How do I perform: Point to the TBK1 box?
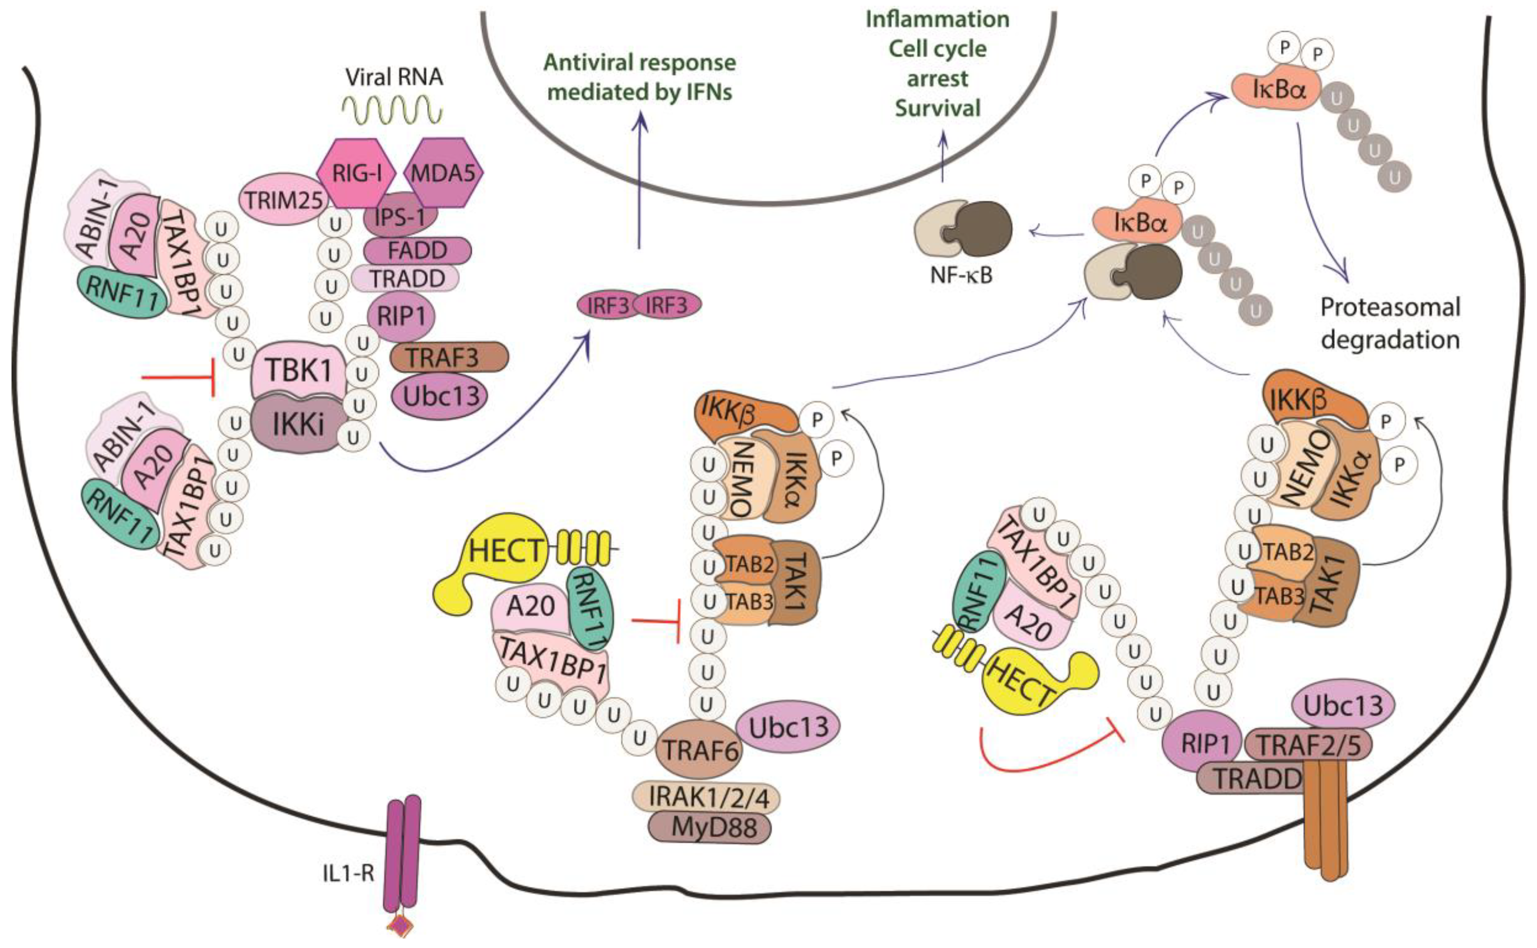298,370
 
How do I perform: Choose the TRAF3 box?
448,357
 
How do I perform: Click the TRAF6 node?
700,749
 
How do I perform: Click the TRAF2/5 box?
1308,745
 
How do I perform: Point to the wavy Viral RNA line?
393,111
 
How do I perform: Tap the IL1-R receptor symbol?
402,865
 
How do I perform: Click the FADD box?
417,251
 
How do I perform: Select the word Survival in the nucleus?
937,108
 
